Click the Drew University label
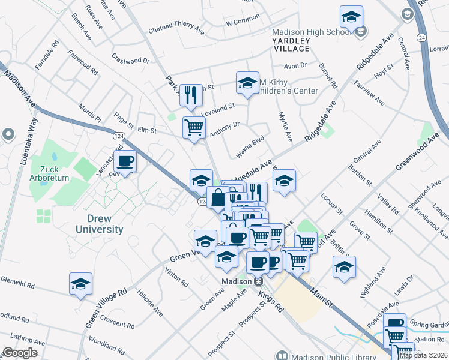100,223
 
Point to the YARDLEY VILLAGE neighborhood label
291,44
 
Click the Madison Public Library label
330,356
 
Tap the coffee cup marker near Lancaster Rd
125,161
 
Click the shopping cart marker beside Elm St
194,127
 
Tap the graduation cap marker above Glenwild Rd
80,284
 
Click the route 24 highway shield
423,37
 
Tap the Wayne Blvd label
250,147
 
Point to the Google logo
20,353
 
